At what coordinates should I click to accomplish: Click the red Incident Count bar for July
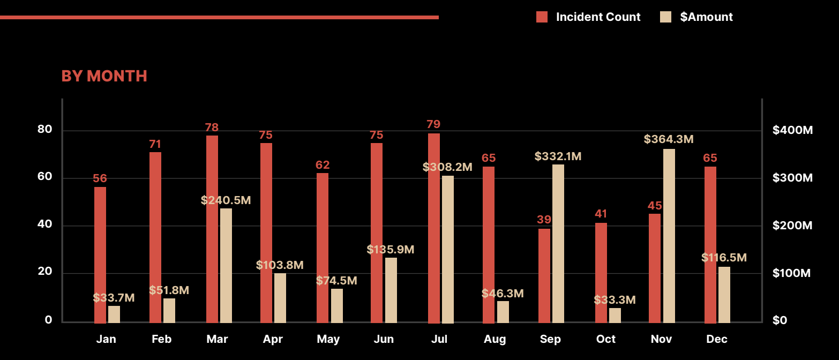pyautogui.click(x=434, y=228)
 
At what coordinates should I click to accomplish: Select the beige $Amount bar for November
pyautogui.click(x=669, y=236)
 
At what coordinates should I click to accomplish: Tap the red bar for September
pyautogui.click(x=544, y=275)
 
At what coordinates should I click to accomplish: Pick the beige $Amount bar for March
pyautogui.click(x=226, y=265)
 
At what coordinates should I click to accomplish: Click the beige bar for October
pyautogui.click(x=615, y=315)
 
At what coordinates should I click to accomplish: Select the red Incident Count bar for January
pyautogui.click(x=100, y=254)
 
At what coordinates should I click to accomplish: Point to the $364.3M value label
pyautogui.click(x=669, y=139)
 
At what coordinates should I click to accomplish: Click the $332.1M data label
pyautogui.click(x=558, y=156)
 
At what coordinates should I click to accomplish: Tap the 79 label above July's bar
pyautogui.click(x=433, y=124)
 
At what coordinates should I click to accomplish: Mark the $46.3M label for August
pyautogui.click(x=503, y=294)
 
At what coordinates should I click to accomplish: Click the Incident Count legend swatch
pyautogui.click(x=542, y=17)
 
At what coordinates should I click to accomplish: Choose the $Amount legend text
pyautogui.click(x=706, y=17)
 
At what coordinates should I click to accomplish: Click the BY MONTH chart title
pyautogui.click(x=104, y=76)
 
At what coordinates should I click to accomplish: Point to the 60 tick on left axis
pyautogui.click(x=45, y=177)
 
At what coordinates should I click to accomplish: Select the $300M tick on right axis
pyautogui.click(x=792, y=178)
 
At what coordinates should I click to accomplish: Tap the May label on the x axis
pyautogui.click(x=328, y=339)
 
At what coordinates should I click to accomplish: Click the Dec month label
pyautogui.click(x=717, y=339)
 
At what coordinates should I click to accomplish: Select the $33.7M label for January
pyautogui.click(x=114, y=298)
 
